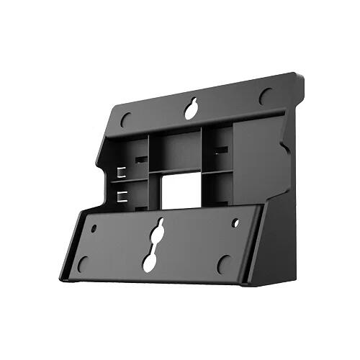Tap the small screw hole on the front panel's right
[235, 222]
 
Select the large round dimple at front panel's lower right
[224, 264]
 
